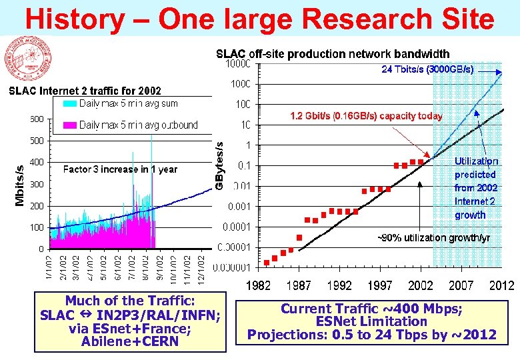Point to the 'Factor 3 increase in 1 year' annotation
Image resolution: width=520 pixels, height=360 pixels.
click(120, 169)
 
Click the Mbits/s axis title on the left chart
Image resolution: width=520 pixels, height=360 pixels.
click(20, 185)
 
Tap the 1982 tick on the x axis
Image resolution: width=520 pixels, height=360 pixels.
click(259, 286)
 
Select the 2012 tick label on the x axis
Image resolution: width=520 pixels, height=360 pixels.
click(501, 286)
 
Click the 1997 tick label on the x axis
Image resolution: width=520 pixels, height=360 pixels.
click(380, 286)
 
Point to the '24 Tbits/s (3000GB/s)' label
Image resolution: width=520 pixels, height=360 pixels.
click(427, 69)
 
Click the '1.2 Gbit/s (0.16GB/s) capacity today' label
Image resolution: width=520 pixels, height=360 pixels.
click(365, 116)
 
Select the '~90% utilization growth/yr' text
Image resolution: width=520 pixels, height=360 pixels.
click(434, 238)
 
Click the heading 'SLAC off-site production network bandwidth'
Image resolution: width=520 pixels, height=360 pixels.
click(333, 53)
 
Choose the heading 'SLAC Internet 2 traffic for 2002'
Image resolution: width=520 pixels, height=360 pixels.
click(84, 91)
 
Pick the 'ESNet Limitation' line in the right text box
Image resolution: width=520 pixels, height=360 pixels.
click(372, 321)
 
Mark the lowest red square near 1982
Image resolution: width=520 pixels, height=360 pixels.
click(267, 262)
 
